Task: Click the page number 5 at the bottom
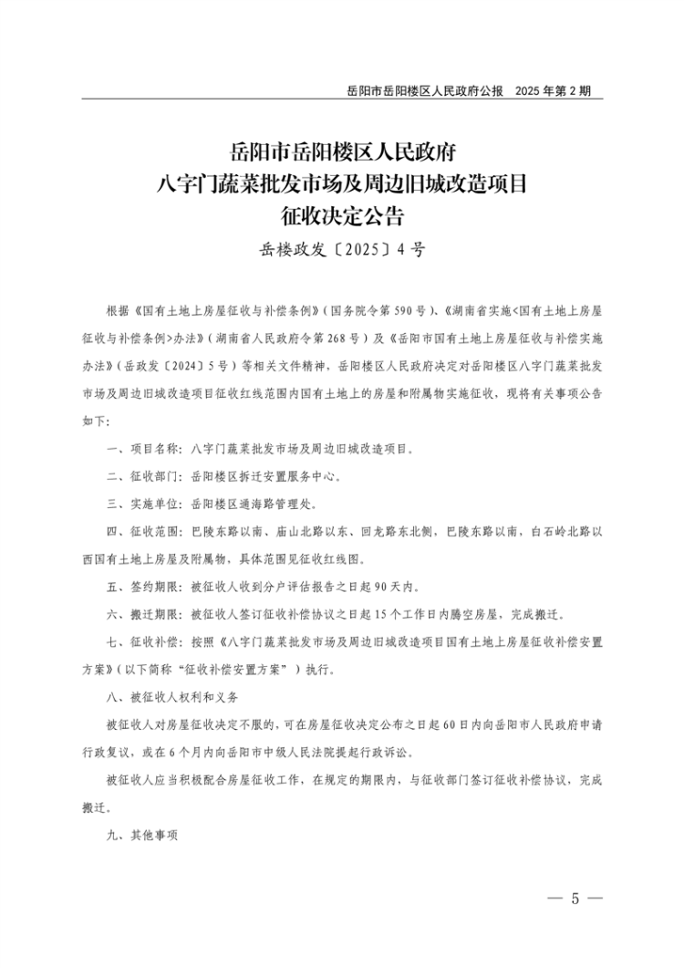coord(575,898)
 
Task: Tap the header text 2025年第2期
coord(553,91)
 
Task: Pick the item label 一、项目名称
coord(144,449)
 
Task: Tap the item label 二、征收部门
coord(144,476)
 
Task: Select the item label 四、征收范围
coord(144,530)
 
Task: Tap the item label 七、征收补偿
coord(144,640)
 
